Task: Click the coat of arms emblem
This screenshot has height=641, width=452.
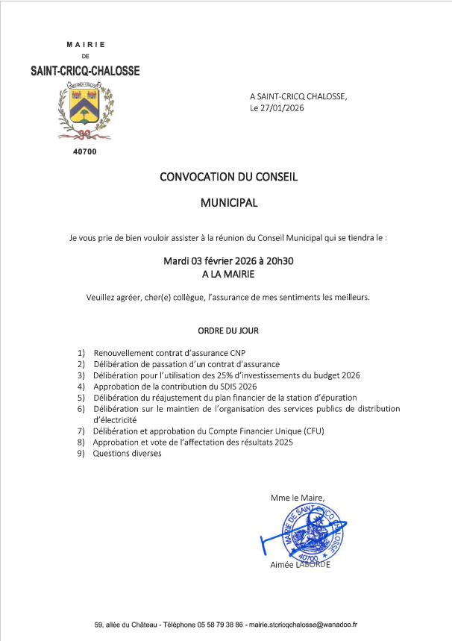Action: tap(86, 112)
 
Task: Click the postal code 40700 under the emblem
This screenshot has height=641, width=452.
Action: tap(85, 152)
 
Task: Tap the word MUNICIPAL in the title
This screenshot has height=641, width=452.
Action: tap(229, 202)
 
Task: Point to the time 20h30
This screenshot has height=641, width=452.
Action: tap(281, 261)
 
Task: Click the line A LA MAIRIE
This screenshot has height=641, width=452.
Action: tap(228, 274)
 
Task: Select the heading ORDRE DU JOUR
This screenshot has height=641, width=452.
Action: tap(228, 330)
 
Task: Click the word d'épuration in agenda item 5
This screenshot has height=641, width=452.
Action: tap(329, 398)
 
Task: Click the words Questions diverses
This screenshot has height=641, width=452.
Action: tap(127, 454)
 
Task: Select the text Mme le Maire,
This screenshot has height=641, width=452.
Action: tap(298, 498)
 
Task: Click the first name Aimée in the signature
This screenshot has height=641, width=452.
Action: tap(283, 565)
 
